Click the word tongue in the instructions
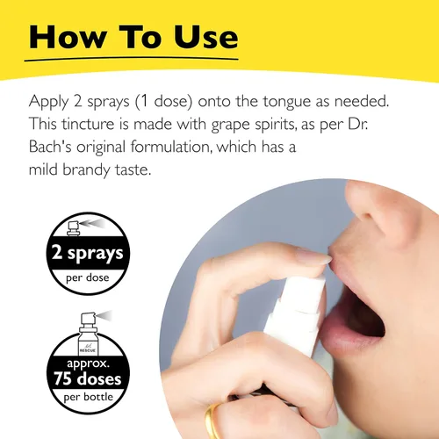[x=286, y=103]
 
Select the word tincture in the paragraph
[x=88, y=124]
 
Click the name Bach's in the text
[x=50, y=147]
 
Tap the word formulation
[x=171, y=147]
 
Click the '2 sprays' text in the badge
[x=88, y=253]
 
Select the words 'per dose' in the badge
[x=88, y=277]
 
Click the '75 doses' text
[x=88, y=378]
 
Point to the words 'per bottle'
[x=88, y=397]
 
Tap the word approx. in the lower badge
[x=88, y=363]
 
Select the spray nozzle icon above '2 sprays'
[x=73, y=228]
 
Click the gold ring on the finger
[x=213, y=420]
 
